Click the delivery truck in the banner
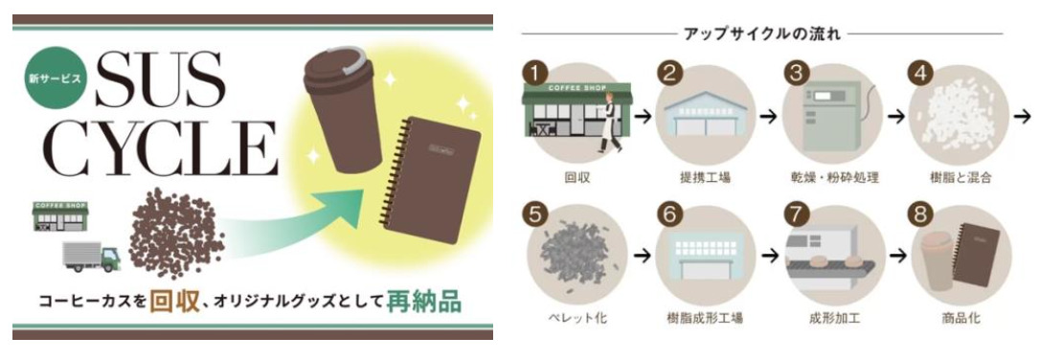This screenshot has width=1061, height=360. pos(93,256)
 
